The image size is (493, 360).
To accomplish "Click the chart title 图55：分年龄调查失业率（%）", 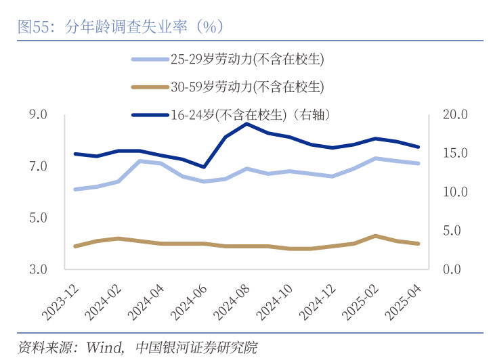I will click(121, 27).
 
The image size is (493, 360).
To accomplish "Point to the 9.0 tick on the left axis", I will click(38, 115).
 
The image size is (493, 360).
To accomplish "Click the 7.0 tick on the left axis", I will click(38, 166).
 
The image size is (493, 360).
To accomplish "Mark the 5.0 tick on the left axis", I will click(38, 218).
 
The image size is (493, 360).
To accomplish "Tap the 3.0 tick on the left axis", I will click(38, 269).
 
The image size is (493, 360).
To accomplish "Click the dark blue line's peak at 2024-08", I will click(247, 124).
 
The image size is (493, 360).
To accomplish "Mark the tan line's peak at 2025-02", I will click(375, 235).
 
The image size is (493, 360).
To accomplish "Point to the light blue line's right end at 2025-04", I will click(419, 163).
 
